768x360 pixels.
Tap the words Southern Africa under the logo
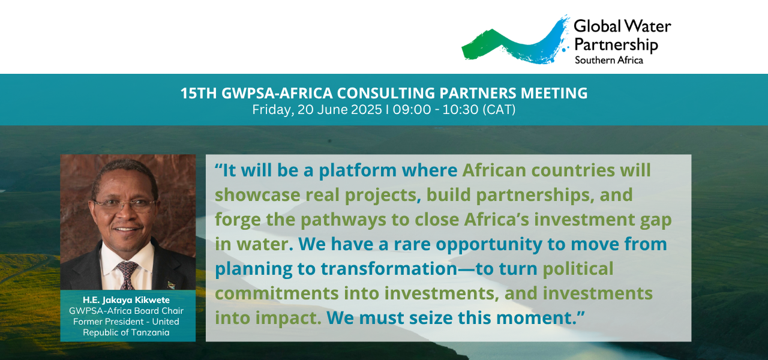[x=609, y=61]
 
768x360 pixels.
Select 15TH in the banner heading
[x=199, y=93]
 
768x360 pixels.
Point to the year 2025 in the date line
[x=367, y=110]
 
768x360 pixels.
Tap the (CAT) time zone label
[x=499, y=110]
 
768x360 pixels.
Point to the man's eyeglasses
[x=125, y=206]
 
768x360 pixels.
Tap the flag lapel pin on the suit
[x=171, y=285]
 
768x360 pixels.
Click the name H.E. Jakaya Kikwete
[x=126, y=300]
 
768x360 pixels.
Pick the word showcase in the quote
[x=257, y=195]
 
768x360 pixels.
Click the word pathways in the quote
[x=343, y=220]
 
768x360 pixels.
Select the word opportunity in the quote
[x=489, y=245]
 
